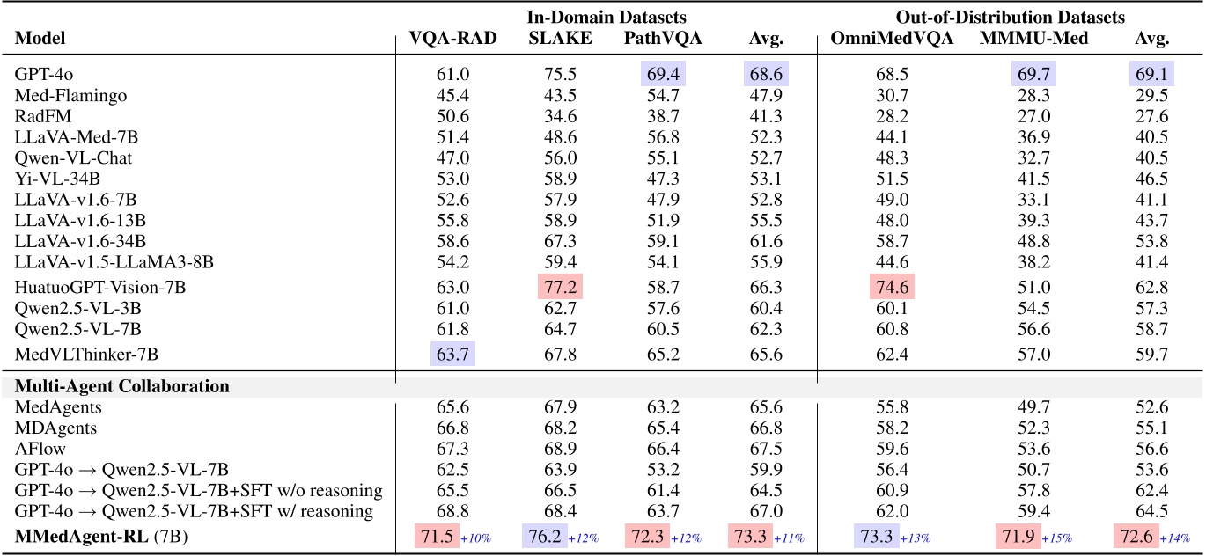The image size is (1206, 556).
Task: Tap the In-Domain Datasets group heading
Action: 607,17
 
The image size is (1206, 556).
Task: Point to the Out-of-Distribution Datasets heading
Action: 1010,17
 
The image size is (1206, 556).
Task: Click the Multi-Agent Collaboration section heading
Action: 123,386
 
